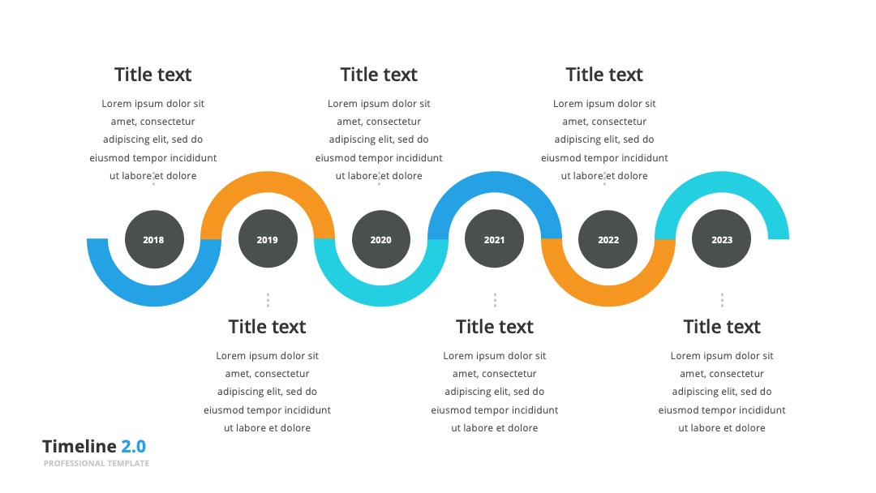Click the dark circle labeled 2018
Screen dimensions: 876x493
154,239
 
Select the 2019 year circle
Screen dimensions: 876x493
268,239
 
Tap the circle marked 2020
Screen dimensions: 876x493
381,239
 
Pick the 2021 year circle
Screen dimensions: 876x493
495,239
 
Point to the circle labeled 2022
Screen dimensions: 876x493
608,239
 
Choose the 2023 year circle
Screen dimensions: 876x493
721,239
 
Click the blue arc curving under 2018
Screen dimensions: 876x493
154,296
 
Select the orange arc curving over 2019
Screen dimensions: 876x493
268,182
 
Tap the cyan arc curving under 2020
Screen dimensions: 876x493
381,296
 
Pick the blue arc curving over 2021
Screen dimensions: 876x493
495,182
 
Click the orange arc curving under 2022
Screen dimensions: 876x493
608,296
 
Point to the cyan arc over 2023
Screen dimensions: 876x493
722,182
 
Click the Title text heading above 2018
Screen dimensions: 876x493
153,75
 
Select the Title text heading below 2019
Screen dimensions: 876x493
267,327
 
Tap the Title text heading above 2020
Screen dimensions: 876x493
379,75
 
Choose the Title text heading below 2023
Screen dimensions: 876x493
722,327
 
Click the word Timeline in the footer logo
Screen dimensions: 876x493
79,446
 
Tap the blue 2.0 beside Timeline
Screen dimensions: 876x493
134,446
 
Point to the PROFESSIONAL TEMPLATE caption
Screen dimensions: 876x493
97,464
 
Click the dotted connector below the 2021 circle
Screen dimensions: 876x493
495,300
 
